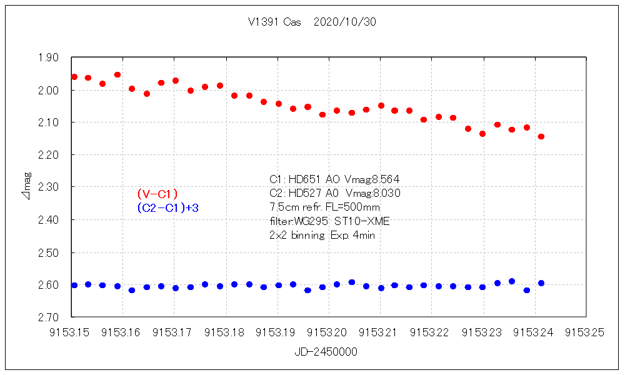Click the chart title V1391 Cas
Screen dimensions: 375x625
(274, 22)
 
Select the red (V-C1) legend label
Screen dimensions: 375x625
(157, 194)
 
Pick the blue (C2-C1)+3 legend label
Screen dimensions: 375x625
(167, 207)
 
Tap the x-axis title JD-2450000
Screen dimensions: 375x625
(326, 352)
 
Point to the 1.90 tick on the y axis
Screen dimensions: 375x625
(49, 57)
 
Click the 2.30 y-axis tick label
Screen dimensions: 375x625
(49, 187)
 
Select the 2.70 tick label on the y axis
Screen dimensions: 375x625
(49, 317)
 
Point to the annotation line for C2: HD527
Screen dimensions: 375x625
(335, 193)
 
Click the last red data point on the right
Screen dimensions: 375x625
(541, 136)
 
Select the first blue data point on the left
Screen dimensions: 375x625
(74, 285)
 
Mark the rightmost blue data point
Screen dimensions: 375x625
(541, 283)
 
